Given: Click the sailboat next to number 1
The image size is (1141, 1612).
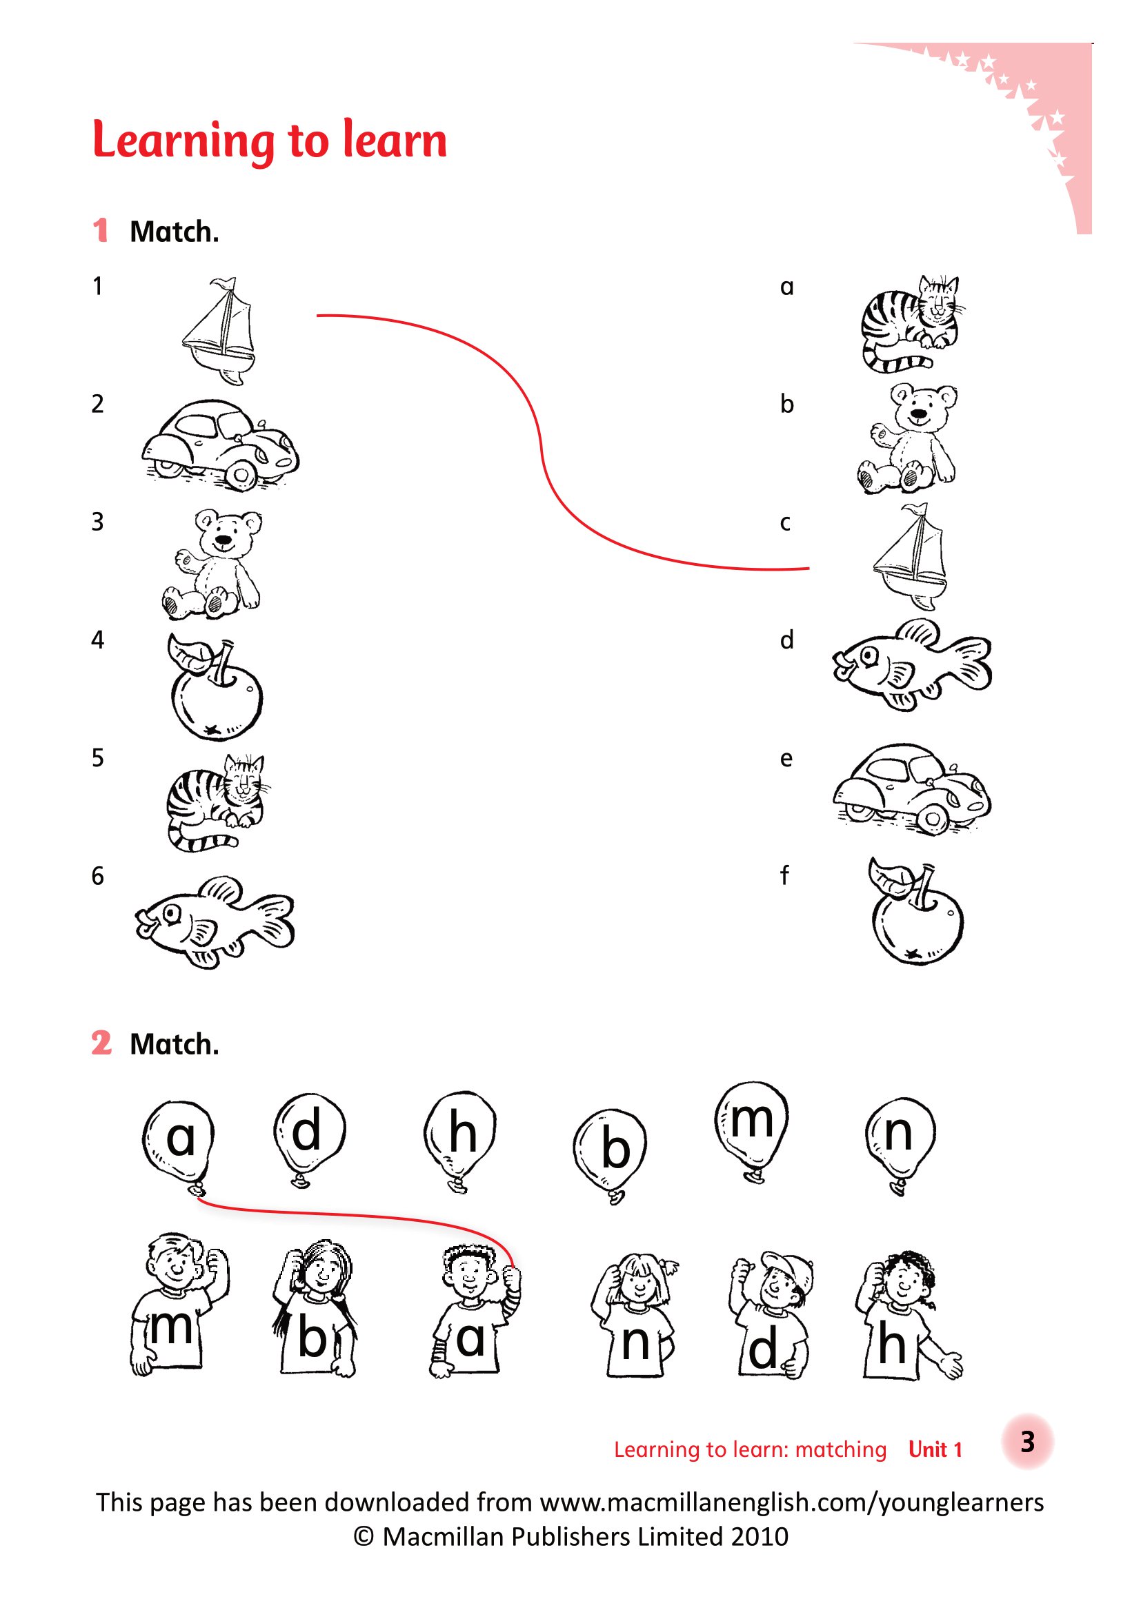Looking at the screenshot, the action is pos(219,331).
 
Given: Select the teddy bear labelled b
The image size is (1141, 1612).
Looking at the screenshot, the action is pos(907,439).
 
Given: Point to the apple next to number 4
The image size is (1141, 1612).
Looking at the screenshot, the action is pos(215,687).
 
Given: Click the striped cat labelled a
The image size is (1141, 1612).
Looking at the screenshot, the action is pos(911,324).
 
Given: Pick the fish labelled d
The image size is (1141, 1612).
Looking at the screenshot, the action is pos(912,665).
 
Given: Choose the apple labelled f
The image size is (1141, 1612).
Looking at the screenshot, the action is pos(915,911).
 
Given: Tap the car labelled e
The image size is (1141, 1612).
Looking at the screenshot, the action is pos(912,789).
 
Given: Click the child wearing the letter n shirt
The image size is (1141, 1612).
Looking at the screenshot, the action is pos(635,1314).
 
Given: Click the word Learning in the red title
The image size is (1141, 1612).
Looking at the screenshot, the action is pos(183,141).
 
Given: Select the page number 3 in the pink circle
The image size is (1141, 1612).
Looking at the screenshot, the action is pos(1027,1441).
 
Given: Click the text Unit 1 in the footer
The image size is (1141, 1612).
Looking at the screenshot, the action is pos(935,1449).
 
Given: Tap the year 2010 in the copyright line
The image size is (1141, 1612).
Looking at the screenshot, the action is pos(759,1536).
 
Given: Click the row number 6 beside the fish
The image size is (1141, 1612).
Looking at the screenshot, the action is pos(98,875).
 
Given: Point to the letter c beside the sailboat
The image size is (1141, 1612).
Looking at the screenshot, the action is pos(785,523).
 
